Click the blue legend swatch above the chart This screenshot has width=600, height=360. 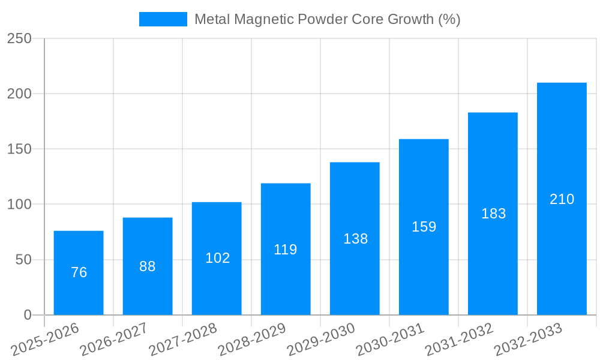(163, 19)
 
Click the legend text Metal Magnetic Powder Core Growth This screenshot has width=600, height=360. (327, 19)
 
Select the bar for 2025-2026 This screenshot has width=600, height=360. (79, 273)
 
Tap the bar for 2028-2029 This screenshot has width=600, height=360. (286, 249)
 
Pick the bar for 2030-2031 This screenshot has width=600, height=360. (424, 227)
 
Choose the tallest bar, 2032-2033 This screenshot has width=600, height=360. (562, 199)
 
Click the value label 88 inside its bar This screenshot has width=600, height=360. (148, 266)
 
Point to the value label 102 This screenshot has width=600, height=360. (217, 258)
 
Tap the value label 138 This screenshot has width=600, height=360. (355, 239)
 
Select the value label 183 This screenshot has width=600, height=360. (493, 214)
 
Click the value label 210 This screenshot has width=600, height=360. (562, 199)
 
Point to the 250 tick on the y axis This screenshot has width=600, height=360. (19, 38)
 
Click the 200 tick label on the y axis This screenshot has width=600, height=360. (19, 94)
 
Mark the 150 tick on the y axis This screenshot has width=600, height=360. (19, 149)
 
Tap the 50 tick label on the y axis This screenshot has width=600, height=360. (23, 260)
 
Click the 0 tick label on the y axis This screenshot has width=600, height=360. (28, 315)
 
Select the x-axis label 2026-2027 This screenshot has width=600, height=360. (114, 340)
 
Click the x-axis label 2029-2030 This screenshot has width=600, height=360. (321, 340)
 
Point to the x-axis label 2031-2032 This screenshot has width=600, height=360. (459, 340)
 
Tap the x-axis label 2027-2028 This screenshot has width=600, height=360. (183, 340)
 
